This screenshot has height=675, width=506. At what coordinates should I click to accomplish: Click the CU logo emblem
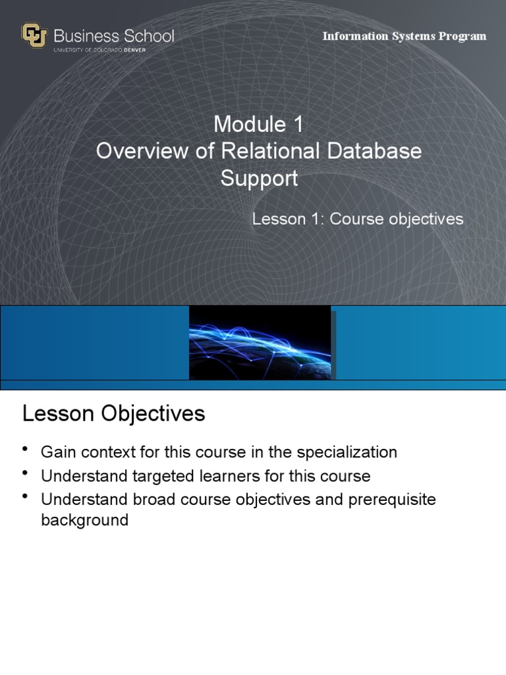click(34, 36)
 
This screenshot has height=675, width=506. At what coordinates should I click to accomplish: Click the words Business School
click(114, 36)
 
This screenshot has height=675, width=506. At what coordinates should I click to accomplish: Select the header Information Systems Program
click(404, 36)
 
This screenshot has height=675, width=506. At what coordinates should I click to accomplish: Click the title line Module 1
click(258, 124)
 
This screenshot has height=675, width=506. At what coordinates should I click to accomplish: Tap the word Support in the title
click(259, 179)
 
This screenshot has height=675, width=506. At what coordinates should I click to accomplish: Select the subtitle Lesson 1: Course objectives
click(358, 219)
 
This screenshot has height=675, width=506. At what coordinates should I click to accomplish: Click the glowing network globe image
click(260, 343)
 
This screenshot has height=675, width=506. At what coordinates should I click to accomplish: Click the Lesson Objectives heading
click(113, 414)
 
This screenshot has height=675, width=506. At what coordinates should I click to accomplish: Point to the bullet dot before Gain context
click(26, 449)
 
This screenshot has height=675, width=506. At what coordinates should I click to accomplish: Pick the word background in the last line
click(84, 520)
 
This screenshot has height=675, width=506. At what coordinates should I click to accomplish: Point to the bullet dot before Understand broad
click(26, 496)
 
